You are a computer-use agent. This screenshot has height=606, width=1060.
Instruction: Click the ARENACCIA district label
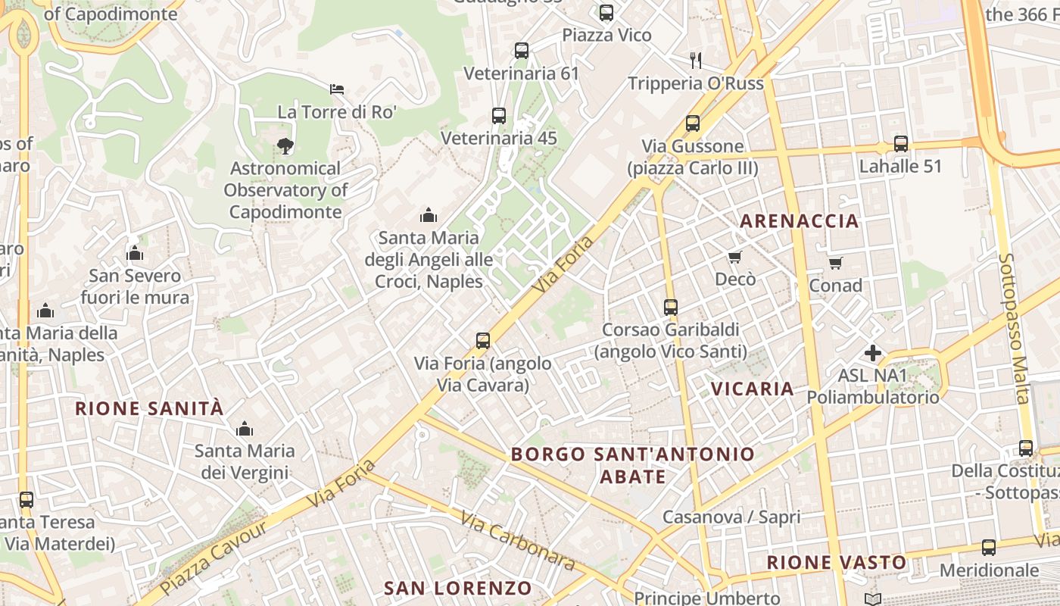coord(799,221)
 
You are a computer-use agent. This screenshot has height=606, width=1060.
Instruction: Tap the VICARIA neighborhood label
coord(752,389)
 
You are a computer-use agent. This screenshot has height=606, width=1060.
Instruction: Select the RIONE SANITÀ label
coord(149,408)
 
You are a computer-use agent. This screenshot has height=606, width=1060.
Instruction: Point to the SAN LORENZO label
coord(458,588)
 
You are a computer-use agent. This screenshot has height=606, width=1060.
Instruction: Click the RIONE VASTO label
coord(836,562)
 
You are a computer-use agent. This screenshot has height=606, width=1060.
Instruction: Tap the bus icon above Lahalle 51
coord(900,143)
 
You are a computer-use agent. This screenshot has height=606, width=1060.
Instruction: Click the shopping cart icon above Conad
coord(835,263)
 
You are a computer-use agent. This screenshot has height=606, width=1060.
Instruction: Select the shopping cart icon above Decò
coord(734,258)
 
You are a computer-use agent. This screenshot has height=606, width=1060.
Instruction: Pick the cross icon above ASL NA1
coord(873,353)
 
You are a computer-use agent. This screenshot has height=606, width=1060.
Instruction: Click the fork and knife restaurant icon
coord(696,61)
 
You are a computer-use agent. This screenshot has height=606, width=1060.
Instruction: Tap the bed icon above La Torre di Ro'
coord(337,89)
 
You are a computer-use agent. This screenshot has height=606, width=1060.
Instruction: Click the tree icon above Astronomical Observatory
coord(285,145)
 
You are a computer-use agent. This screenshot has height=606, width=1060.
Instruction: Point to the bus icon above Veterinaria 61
coord(521,51)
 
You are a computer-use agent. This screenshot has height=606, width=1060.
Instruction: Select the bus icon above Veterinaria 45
coord(498,116)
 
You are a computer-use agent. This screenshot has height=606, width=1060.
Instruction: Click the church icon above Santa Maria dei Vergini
coord(244,430)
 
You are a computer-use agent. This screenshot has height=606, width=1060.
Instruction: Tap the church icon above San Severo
coord(135,253)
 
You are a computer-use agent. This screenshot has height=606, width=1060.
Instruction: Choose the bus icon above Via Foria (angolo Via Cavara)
coord(483,341)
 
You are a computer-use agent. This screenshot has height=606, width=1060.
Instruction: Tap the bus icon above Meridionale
coord(988,548)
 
